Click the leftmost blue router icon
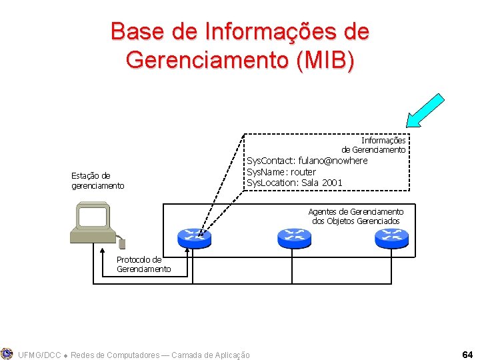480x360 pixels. (x=194, y=237)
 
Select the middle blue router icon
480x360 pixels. (x=293, y=237)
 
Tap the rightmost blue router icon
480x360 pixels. (x=391, y=237)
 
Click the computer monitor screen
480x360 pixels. (x=92, y=217)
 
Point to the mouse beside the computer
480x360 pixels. (x=121, y=243)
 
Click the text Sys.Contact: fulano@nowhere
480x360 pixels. (x=307, y=161)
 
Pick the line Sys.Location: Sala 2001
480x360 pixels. (x=295, y=183)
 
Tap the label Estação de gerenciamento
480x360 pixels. (x=97, y=181)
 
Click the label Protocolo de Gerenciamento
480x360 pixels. (x=143, y=264)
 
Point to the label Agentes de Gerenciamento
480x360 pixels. (x=356, y=212)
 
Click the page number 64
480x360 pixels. (x=467, y=353)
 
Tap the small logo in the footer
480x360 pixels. (x=7, y=353)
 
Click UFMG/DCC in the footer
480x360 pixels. (x=37, y=355)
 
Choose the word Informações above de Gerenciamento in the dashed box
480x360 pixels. (x=383, y=141)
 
